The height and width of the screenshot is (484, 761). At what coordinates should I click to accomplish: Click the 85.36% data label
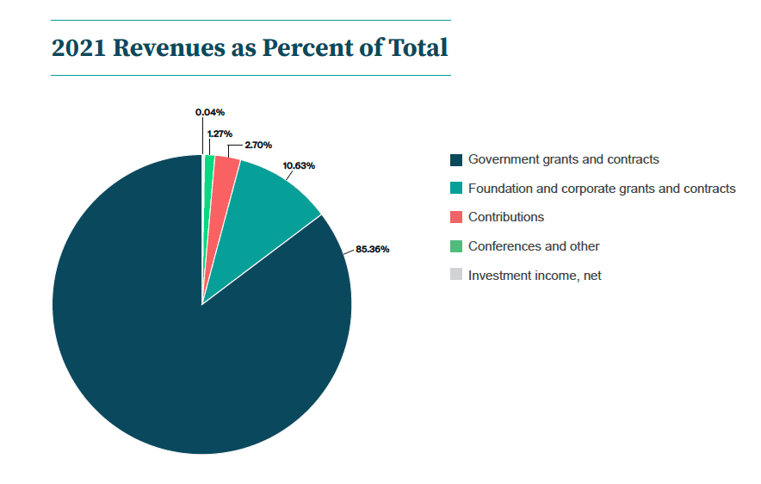[x=373, y=250]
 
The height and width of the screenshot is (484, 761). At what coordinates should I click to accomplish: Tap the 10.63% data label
[x=299, y=165]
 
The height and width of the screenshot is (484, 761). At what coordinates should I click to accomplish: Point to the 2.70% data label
[x=258, y=146]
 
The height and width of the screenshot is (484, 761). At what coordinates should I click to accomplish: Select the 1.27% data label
[x=220, y=133]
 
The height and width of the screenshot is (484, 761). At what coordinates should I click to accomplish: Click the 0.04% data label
[x=210, y=112]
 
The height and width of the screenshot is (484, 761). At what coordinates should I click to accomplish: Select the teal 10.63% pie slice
[x=267, y=207]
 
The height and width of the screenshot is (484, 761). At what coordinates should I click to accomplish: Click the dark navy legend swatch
[x=456, y=160]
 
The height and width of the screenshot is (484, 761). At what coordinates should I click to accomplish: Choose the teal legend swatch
[x=456, y=189]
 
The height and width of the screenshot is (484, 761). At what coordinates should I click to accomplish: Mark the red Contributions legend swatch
[x=456, y=218]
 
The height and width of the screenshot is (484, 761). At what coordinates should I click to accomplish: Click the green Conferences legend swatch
[x=456, y=246]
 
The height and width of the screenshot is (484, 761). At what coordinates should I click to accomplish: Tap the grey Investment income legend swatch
[x=456, y=276]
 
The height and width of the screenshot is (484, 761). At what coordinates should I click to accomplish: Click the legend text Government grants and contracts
[x=563, y=160]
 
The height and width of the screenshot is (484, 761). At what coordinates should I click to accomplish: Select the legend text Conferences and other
[x=534, y=246]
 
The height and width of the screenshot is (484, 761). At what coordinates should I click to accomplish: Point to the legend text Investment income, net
[x=535, y=276]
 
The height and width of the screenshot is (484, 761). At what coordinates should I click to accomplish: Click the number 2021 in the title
[x=78, y=48]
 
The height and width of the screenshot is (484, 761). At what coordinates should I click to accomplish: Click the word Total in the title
[x=418, y=48]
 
